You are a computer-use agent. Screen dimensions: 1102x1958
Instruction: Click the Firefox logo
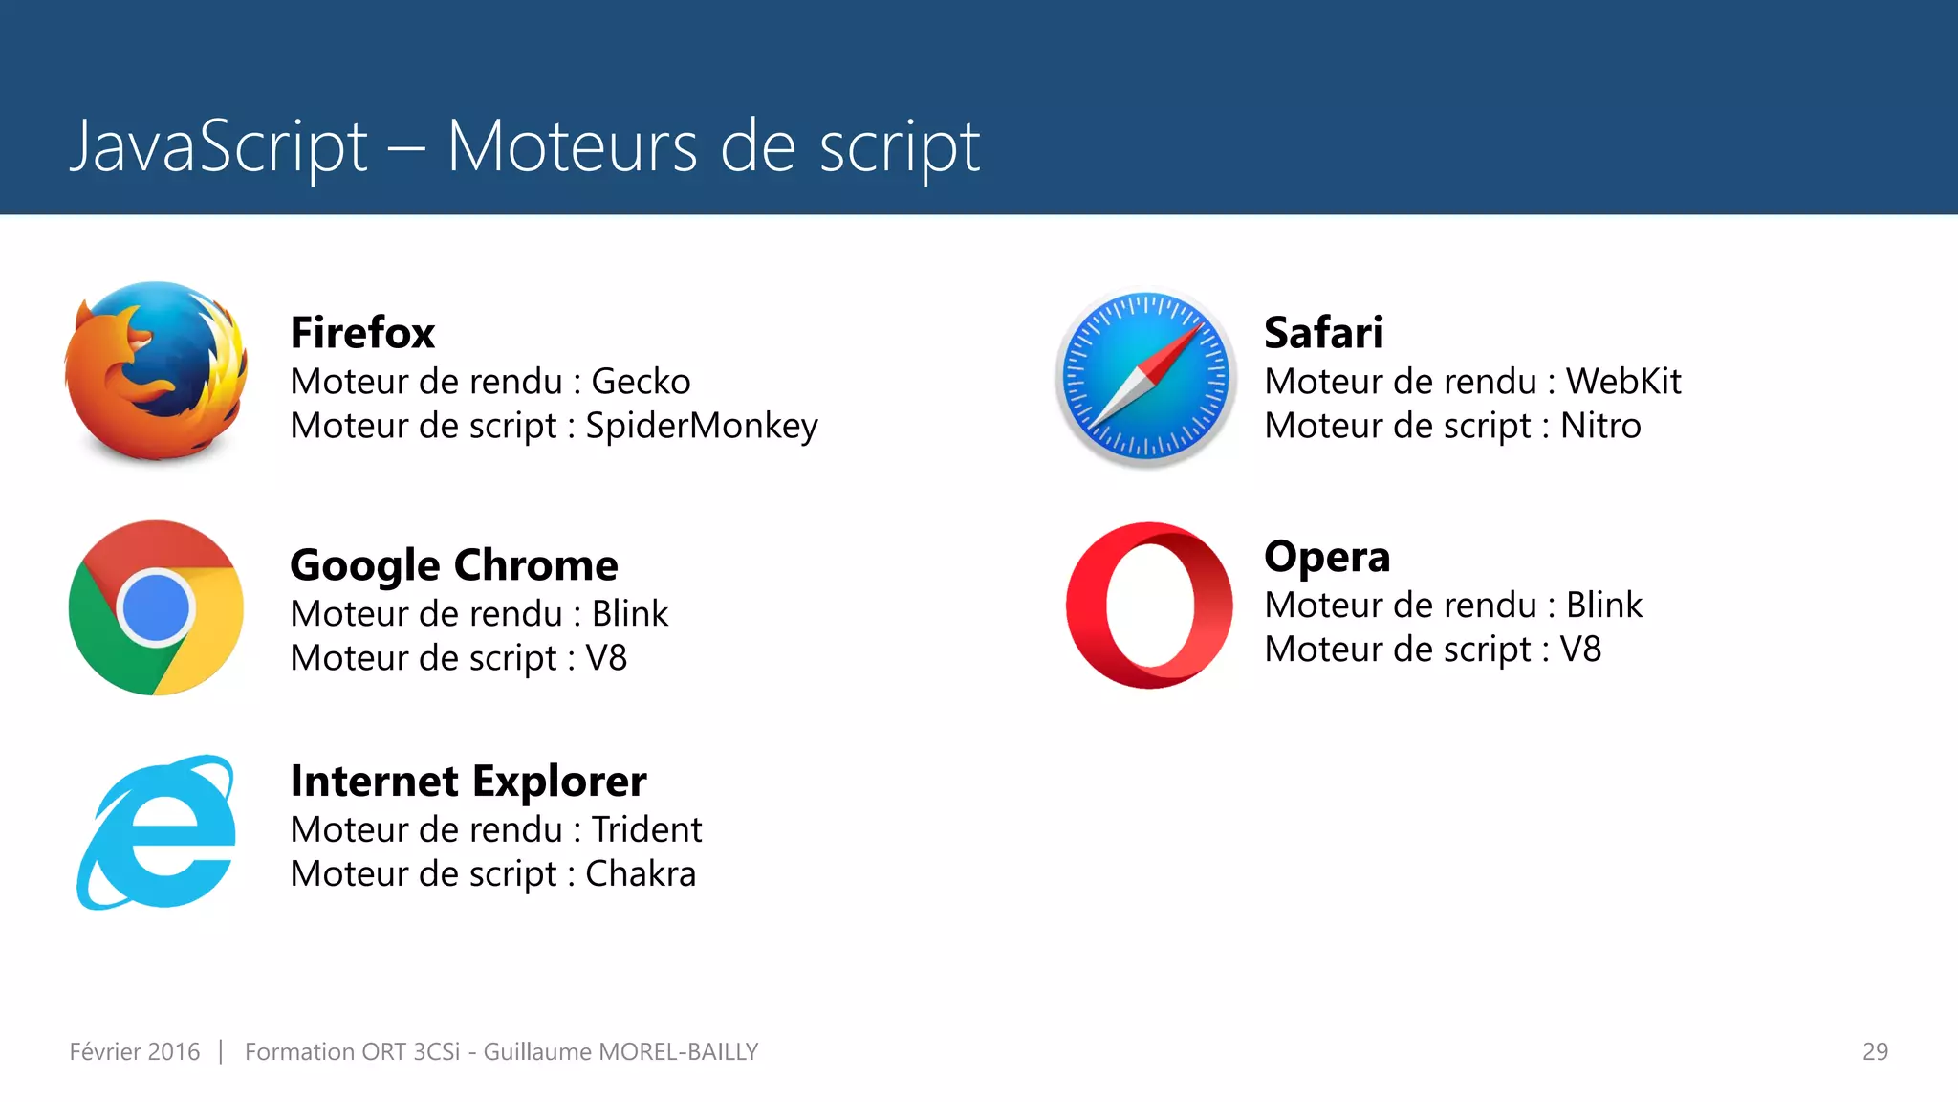click(156, 371)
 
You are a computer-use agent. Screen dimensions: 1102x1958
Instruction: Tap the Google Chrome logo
click(156, 607)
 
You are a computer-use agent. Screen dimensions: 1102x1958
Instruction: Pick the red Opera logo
click(1149, 606)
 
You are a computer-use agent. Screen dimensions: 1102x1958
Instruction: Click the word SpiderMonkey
click(702, 426)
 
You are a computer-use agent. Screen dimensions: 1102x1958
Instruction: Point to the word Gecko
click(641, 382)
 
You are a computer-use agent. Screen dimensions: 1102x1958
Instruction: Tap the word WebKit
click(1622, 382)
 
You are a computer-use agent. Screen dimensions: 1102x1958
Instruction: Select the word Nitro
click(1600, 426)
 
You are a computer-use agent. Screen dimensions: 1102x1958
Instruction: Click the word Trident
click(646, 829)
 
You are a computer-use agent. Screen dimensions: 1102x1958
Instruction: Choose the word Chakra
click(641, 873)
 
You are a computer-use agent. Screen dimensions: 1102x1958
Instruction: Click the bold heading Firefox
click(362, 333)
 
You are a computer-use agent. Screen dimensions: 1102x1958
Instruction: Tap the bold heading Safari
click(1323, 333)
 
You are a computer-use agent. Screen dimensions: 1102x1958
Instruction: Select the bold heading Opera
click(1327, 557)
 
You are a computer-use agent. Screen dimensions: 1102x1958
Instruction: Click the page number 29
click(1875, 1051)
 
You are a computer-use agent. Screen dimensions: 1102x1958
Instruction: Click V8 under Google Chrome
click(606, 658)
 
